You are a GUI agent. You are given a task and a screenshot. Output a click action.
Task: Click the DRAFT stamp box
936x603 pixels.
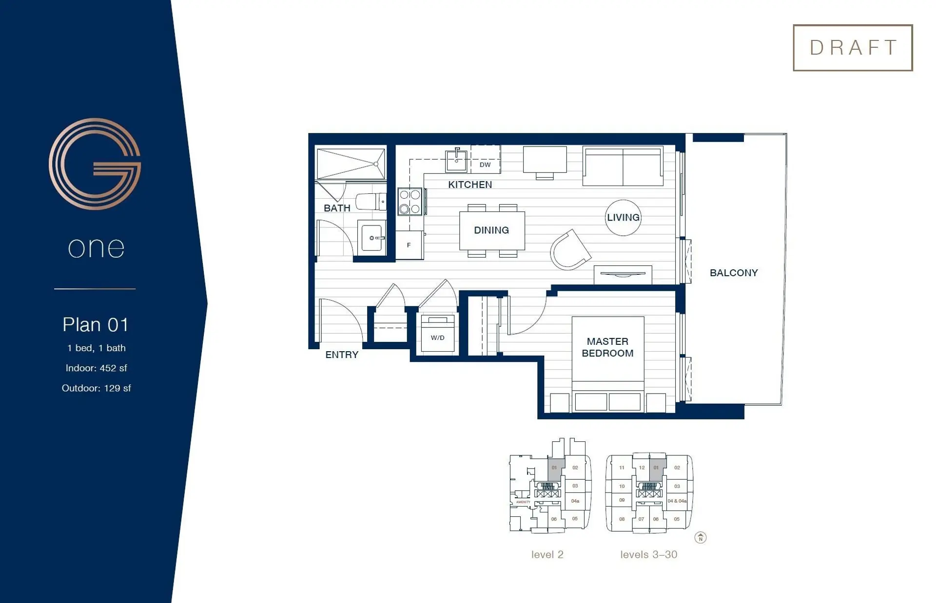click(852, 48)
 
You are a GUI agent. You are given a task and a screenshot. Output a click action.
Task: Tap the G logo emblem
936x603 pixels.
click(95, 164)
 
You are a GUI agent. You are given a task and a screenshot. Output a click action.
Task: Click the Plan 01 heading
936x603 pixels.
click(96, 325)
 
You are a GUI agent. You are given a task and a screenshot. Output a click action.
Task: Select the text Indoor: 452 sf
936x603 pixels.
click(96, 368)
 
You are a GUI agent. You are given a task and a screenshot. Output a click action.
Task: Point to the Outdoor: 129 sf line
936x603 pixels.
click(96, 388)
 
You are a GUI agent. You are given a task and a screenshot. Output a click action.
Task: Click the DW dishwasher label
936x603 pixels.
click(485, 165)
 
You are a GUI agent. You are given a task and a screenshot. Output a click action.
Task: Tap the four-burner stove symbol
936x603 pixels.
click(409, 202)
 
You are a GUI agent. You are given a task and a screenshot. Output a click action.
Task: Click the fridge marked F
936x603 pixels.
click(409, 245)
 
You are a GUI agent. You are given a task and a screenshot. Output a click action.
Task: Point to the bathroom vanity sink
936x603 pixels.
click(371, 238)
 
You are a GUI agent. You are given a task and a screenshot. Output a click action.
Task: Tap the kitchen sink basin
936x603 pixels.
click(456, 161)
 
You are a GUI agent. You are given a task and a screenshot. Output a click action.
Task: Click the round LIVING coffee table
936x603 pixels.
click(623, 218)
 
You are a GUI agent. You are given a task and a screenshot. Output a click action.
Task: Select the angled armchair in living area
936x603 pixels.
click(569, 250)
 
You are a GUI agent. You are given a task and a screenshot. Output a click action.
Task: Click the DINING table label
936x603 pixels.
click(491, 230)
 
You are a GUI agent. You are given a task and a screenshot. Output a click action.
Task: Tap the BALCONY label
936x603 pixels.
click(733, 273)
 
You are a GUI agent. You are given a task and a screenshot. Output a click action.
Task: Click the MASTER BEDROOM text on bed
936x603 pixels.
click(607, 347)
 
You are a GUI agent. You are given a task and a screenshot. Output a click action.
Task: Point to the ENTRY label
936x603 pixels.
click(341, 355)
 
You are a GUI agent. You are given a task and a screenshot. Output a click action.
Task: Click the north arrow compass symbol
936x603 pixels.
click(700, 538)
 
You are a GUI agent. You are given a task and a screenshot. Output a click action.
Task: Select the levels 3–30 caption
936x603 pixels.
click(648, 555)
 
